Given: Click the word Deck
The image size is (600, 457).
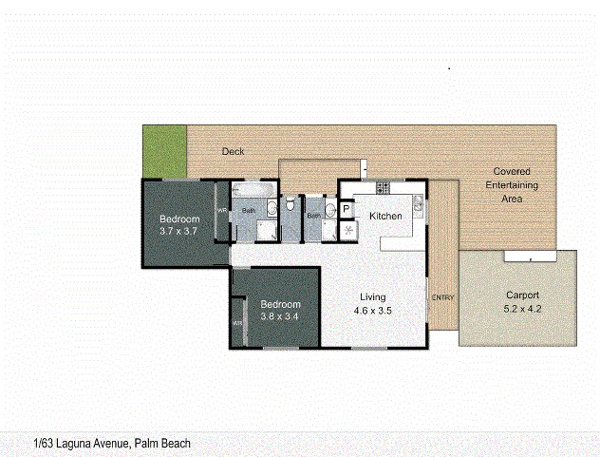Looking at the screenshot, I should pyautogui.click(x=234, y=151).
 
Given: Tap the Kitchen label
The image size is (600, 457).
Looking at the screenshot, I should pyautogui.click(x=385, y=217).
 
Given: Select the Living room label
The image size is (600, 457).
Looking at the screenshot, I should pyautogui.click(x=372, y=295).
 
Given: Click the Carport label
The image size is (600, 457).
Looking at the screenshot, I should pyautogui.click(x=523, y=295).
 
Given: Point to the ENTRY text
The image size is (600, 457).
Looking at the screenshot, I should pyautogui.click(x=443, y=298).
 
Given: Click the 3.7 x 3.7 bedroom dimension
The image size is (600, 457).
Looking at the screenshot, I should pyautogui.click(x=178, y=232).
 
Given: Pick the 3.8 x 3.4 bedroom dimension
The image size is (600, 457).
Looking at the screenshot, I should pyautogui.click(x=279, y=316).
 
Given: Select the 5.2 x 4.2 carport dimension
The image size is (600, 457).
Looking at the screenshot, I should pyautogui.click(x=523, y=310).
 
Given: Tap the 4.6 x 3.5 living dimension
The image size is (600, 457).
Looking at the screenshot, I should pyautogui.click(x=373, y=310).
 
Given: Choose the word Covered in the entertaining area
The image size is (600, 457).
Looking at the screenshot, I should pyautogui.click(x=513, y=171).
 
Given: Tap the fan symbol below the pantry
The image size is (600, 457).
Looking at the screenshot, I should pyautogui.click(x=348, y=230).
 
